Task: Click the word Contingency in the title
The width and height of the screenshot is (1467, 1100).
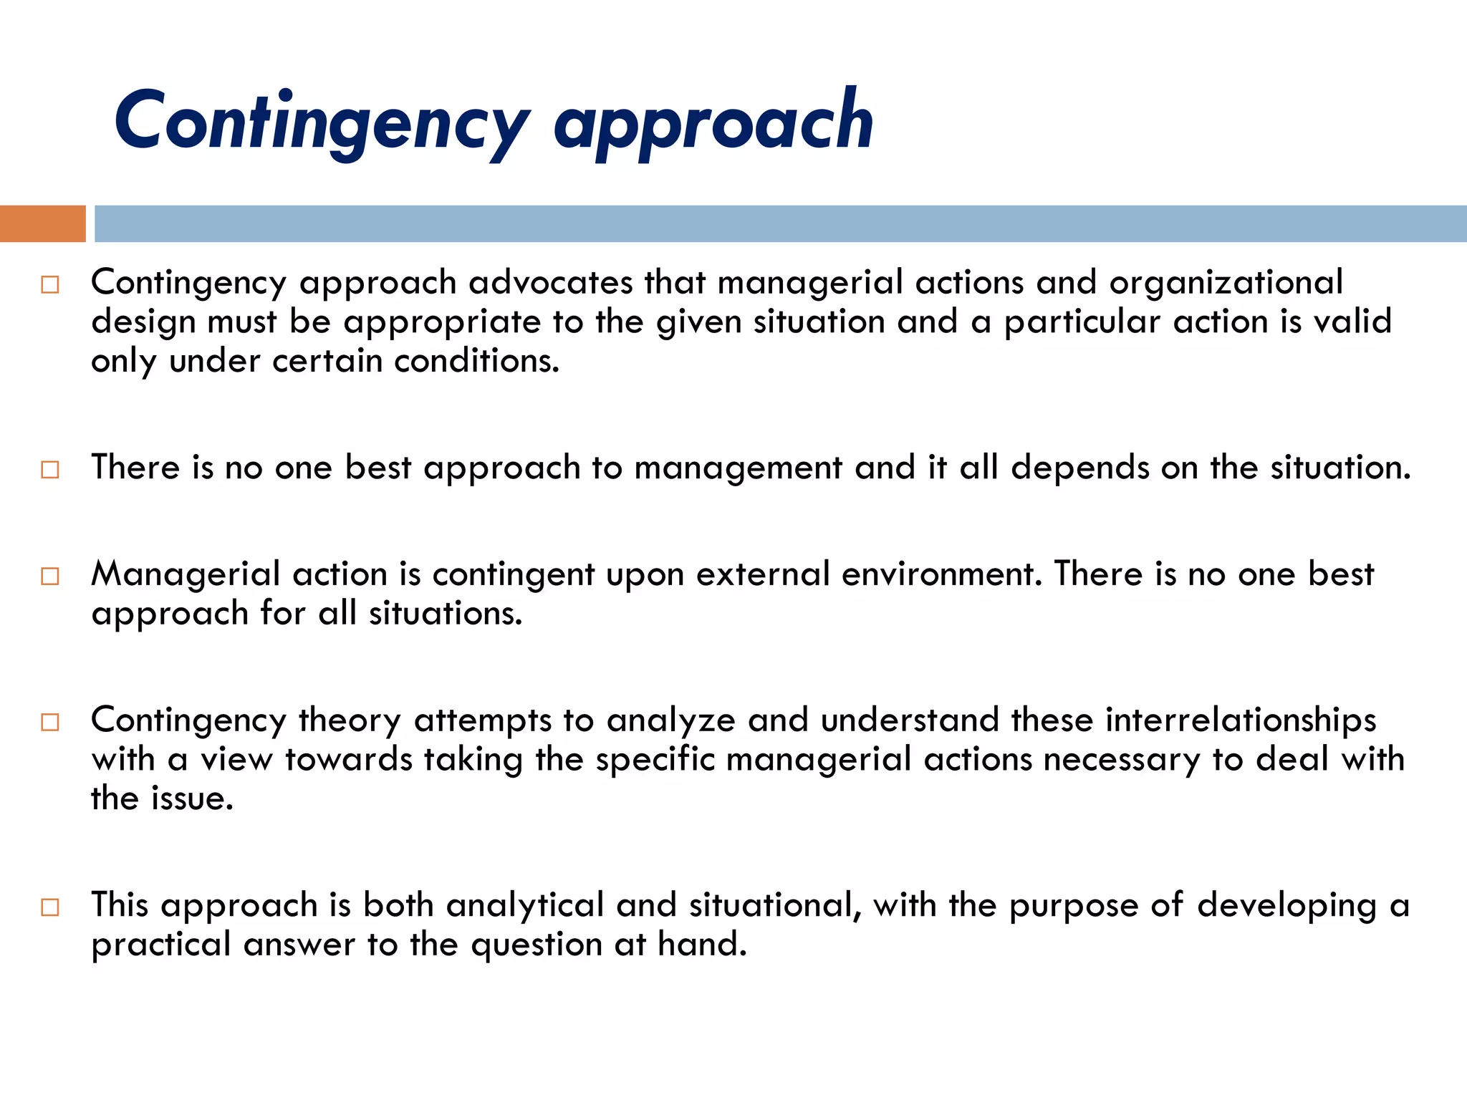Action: click(322, 122)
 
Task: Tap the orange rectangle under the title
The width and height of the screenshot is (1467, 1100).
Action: click(42, 223)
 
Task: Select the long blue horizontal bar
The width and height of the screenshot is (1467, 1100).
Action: click(779, 223)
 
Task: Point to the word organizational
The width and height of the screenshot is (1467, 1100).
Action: click(1226, 282)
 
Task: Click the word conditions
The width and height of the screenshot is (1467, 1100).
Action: click(476, 360)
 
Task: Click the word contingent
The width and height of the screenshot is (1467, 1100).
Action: click(513, 574)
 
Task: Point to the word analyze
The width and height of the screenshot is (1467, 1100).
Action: click(670, 721)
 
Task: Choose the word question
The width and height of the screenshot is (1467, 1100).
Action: click(537, 945)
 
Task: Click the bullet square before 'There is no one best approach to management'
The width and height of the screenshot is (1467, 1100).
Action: click(50, 470)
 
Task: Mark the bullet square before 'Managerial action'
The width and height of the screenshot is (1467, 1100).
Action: click(50, 576)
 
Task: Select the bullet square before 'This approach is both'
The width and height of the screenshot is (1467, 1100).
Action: click(50, 907)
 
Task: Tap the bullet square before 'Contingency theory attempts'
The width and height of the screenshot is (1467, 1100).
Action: click(50, 722)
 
